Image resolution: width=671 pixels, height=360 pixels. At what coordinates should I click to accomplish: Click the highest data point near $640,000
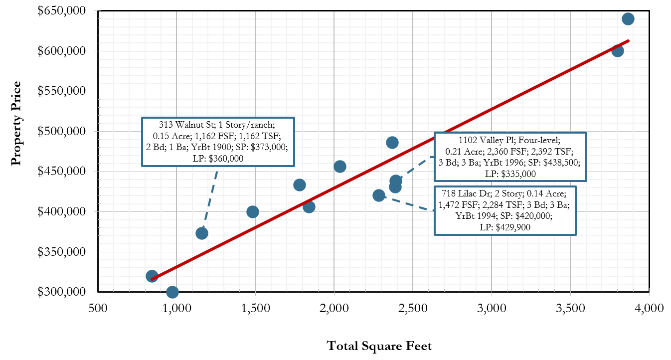(628, 19)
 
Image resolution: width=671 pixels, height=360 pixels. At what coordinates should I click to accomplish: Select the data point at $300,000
(172, 292)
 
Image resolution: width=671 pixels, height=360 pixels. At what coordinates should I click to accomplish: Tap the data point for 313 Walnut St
(202, 233)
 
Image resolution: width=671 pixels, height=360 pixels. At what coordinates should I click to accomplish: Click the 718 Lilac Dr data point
(379, 195)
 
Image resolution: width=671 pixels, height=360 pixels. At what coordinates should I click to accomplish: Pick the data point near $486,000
(392, 143)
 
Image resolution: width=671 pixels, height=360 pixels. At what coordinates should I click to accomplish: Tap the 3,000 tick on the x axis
(492, 309)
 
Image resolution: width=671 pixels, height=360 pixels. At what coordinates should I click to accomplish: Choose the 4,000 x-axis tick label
(649, 309)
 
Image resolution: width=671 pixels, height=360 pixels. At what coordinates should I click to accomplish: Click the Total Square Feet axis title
(379, 346)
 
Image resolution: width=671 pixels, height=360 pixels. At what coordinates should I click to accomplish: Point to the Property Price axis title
(17, 123)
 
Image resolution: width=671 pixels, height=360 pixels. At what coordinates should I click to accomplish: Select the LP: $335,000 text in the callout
(510, 174)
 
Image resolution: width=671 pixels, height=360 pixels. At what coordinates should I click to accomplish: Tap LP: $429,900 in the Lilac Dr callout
(505, 227)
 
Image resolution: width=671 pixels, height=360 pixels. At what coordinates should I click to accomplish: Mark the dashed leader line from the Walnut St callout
(210, 197)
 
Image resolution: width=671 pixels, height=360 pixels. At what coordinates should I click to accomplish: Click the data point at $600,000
(617, 50)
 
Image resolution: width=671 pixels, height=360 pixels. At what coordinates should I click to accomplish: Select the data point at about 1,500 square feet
(253, 212)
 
